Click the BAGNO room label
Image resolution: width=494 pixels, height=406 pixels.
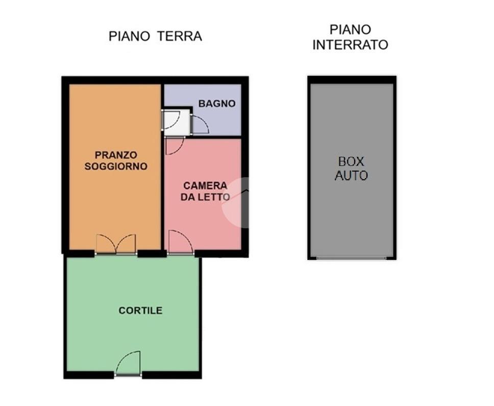(217, 103)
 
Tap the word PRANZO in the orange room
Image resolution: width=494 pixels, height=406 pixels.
(116, 155)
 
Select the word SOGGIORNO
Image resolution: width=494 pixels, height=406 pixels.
(116, 166)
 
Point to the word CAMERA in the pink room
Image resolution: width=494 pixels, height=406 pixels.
(205, 186)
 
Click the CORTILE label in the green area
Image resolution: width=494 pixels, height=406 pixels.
(140, 311)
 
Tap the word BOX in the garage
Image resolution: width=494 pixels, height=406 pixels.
(351, 161)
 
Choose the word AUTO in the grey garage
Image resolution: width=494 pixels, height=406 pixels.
(351, 176)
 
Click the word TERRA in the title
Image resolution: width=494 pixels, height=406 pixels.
(180, 36)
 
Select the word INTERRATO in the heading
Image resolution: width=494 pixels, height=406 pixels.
(350, 45)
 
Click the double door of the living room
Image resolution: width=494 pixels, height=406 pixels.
(116, 244)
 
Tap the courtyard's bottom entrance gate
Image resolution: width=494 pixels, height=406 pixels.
(128, 364)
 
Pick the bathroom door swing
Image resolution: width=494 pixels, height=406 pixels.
(199, 125)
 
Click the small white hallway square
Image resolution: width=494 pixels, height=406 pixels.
(177, 122)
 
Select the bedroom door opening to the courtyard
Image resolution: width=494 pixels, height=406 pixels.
(181, 242)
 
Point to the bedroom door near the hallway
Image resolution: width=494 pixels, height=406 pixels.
(174, 147)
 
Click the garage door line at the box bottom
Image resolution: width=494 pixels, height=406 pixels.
(351, 258)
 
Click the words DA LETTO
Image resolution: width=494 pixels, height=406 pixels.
(205, 197)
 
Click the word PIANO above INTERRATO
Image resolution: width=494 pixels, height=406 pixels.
(350, 30)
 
